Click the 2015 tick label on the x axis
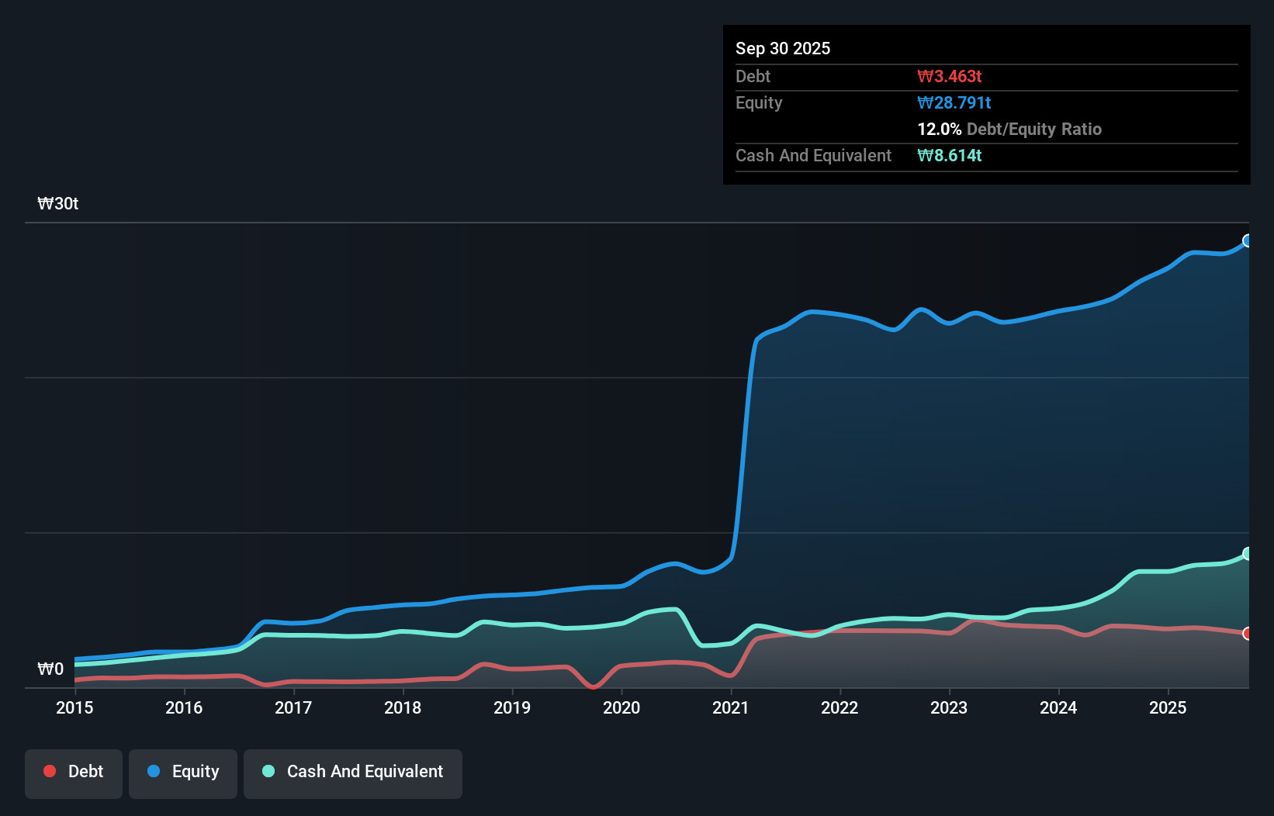74,707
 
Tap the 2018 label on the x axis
403,707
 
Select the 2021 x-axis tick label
730,707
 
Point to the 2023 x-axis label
949,707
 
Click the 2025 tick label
1168,707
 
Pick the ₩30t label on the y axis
58,204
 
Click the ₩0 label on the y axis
50,669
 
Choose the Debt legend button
74,772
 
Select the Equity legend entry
183,772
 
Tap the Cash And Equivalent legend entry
353,772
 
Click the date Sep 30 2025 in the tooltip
783,48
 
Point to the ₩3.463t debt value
949,76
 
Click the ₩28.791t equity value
954,102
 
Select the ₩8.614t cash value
949,155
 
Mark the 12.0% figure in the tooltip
939,129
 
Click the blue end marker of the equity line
1248,240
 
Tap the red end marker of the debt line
1248,634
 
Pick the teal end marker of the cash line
1248,553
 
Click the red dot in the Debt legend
50,771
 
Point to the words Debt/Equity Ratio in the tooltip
1033,129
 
